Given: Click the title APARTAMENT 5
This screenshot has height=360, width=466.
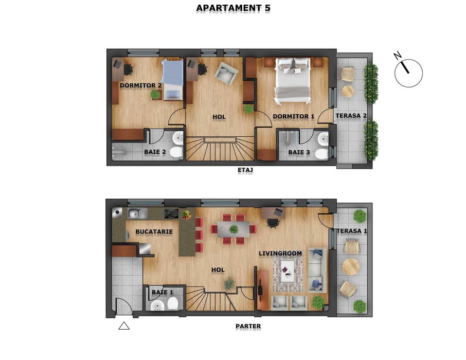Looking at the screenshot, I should click(x=233, y=8).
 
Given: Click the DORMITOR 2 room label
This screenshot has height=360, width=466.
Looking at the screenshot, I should click(x=141, y=85).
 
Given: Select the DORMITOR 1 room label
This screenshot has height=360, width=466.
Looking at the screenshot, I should click(x=293, y=117).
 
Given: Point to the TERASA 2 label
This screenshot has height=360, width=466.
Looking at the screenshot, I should click(x=351, y=116).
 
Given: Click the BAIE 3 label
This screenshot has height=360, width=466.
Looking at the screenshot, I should click(x=298, y=152).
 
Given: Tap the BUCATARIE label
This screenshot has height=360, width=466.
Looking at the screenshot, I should click(x=154, y=232).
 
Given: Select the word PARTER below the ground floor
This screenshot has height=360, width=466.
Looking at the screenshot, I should click(x=248, y=326).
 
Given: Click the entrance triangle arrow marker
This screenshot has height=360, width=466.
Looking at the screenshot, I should click(x=124, y=325).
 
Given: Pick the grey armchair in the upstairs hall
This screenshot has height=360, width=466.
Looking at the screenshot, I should click(x=226, y=74).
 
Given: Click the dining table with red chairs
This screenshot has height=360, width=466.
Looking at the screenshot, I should click(x=234, y=228).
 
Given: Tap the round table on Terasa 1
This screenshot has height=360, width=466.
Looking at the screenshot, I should click(x=351, y=266).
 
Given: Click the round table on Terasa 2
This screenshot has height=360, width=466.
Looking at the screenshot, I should click(x=348, y=91).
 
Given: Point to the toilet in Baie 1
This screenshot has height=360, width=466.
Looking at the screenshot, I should click(x=173, y=304).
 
